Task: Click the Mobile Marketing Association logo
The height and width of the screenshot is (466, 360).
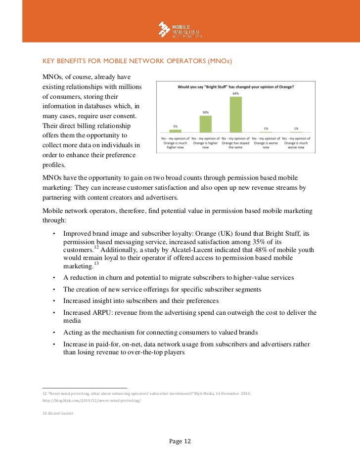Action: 180,30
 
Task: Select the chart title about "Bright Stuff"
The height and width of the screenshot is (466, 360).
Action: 235,87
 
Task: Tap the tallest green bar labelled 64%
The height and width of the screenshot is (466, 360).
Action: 236,114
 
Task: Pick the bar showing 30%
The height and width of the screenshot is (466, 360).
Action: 205,124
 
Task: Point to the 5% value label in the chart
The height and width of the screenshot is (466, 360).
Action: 175,126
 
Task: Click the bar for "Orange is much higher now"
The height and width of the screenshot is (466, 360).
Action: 175,130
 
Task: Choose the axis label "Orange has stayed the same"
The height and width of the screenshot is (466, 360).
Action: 236,143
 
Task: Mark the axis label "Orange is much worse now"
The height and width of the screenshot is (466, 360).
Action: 296,143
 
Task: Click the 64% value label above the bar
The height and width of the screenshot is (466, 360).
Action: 236,93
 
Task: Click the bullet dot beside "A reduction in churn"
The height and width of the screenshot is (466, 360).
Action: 53,278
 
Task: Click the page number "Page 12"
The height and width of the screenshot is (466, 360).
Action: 180,441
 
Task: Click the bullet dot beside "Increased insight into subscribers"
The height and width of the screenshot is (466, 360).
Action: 53,301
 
